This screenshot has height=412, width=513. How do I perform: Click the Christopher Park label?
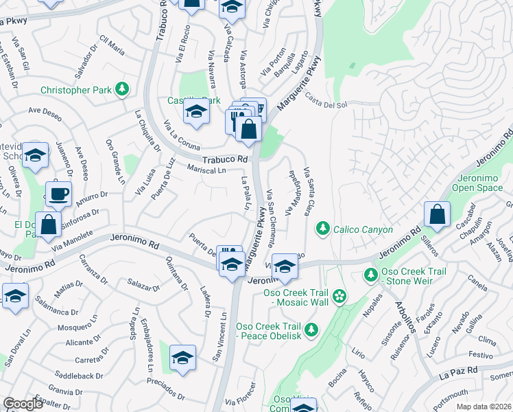pyautogui.click(x=75, y=89)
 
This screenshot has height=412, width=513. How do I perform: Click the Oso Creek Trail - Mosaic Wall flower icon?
pyautogui.click(x=339, y=296)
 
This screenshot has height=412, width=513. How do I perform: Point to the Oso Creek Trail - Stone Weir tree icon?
pyautogui.click(x=371, y=275)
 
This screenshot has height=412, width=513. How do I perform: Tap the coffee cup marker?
pyautogui.click(x=59, y=193)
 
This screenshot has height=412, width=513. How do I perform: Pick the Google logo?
pyautogui.click(x=23, y=404)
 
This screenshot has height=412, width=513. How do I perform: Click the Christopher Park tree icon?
pyautogui.click(x=121, y=89)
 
